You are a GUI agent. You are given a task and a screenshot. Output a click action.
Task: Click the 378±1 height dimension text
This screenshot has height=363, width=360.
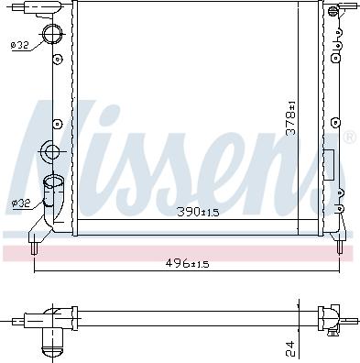290,118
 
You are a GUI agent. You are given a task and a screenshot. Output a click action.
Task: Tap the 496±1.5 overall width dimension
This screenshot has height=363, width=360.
188,263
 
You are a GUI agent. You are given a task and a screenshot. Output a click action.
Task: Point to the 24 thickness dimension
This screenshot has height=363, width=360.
289,347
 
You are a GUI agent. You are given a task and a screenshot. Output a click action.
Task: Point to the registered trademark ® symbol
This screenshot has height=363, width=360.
349,138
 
